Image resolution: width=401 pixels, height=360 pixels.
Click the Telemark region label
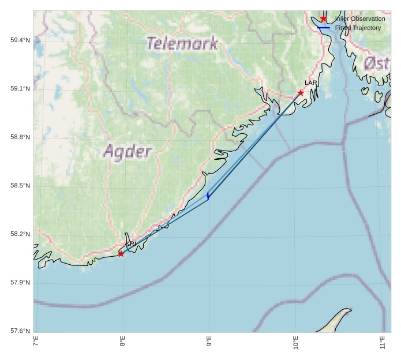click(182, 43)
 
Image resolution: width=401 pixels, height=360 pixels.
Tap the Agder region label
click(128, 152)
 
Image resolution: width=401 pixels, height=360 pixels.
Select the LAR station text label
click(311, 83)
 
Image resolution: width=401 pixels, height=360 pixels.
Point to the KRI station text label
click(131, 244)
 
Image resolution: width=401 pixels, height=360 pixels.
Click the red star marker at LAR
click(301, 93)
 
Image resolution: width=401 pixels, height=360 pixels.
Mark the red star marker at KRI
click(121, 254)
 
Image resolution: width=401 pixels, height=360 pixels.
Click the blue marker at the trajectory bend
click(208, 196)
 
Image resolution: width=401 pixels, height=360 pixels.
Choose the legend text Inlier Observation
click(359, 19)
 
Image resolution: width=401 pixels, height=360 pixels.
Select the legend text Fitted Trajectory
click(358, 28)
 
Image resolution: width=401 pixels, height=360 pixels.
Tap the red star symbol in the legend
click(324, 19)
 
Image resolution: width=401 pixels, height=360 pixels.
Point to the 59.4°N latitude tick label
click(20, 40)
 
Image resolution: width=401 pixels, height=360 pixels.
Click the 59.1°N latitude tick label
click(20, 89)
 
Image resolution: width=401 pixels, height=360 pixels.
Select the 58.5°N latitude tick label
click(20, 186)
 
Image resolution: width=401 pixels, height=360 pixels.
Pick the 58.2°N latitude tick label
click(20, 234)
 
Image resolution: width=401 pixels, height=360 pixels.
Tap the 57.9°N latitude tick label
click(20, 283)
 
